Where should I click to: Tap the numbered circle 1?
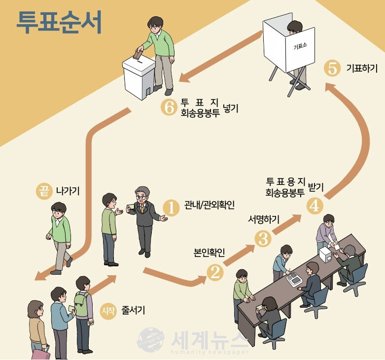[171, 208]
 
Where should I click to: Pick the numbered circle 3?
[263, 239]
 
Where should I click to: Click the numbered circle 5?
[332, 69]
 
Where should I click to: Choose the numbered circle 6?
[169, 108]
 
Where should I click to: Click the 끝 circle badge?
[43, 191]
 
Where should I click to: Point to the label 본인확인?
[209, 253]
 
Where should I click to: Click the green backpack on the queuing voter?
[81, 305]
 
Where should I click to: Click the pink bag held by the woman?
[40, 353]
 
